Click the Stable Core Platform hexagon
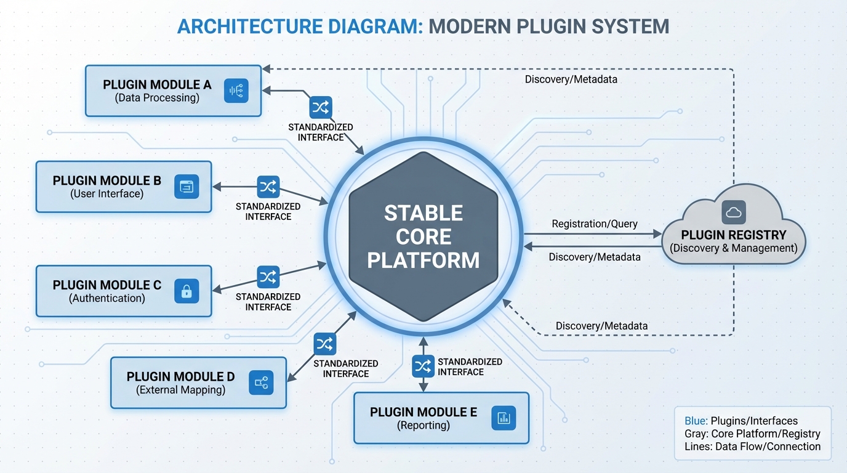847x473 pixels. [x=423, y=237]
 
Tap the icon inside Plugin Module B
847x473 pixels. [x=187, y=187]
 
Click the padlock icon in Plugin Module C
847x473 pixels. [x=187, y=291]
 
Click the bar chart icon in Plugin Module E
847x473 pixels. [x=504, y=418]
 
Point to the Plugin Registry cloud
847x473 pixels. [x=733, y=234]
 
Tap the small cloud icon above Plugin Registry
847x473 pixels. [x=734, y=212]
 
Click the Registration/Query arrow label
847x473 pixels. [x=594, y=224]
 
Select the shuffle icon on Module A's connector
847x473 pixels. [x=321, y=108]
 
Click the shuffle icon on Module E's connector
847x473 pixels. [x=423, y=366]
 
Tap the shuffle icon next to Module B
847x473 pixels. [x=268, y=186]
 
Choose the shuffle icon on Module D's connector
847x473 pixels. [x=324, y=344]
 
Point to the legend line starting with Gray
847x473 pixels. [x=752, y=434]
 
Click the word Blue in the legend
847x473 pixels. [x=696, y=421]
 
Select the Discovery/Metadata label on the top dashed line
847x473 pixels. [x=571, y=79]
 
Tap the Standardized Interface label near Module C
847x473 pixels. [x=268, y=302]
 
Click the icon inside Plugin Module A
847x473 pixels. [x=236, y=91]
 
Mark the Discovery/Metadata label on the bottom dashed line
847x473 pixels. [x=601, y=325]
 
